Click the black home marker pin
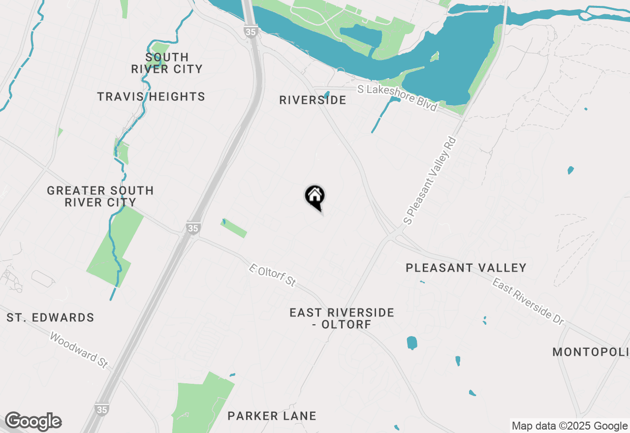pos(315,197)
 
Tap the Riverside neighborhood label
pos(313,100)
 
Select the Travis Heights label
pos(151,96)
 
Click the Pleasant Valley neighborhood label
pos(466,268)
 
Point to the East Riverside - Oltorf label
pos(342,318)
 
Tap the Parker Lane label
pos(272,416)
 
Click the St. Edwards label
pos(50,318)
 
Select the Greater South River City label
pos(100,196)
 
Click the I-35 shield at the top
pos(250,31)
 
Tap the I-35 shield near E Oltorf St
pos(193,228)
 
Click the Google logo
pos(33,422)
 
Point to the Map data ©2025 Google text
pos(569,426)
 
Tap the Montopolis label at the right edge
pos(591,352)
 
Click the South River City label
pos(167,63)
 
